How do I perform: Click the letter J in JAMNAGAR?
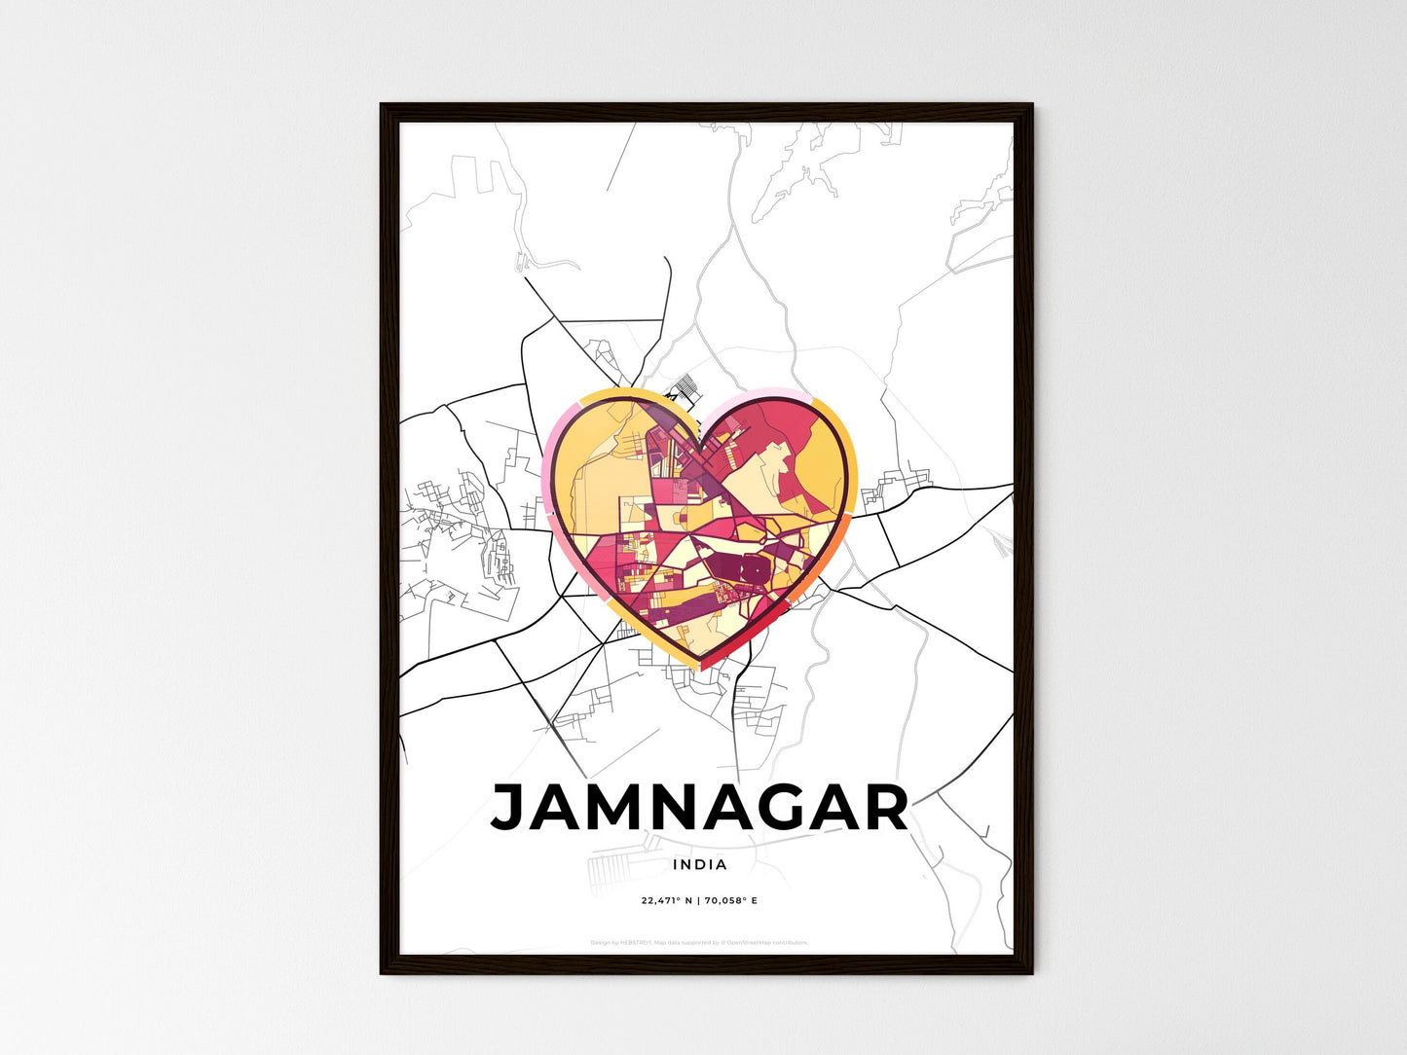point(509,808)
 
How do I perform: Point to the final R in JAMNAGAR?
point(883,808)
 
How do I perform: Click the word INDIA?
point(699,864)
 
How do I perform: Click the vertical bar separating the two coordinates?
point(697,900)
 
